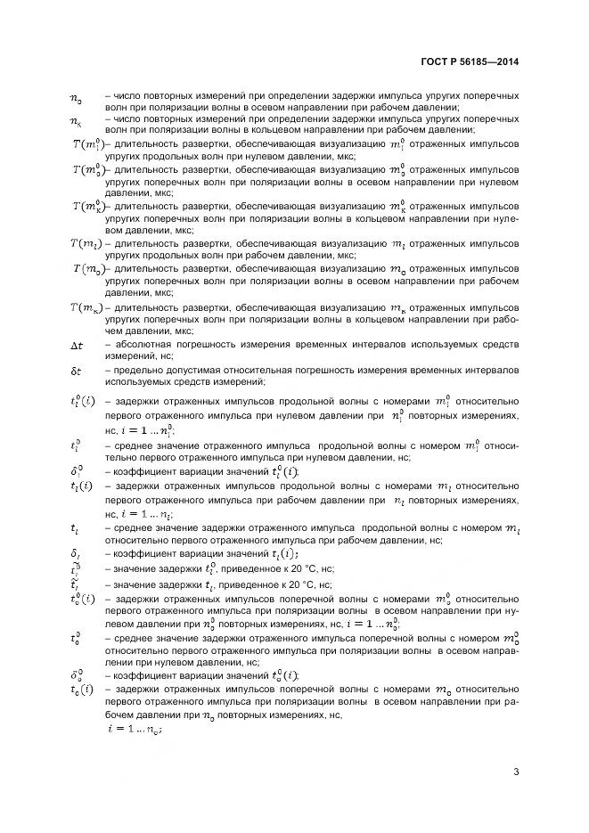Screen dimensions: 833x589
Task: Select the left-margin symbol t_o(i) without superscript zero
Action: [x=81, y=690]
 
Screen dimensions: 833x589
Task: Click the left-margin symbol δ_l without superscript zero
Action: [x=76, y=553]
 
